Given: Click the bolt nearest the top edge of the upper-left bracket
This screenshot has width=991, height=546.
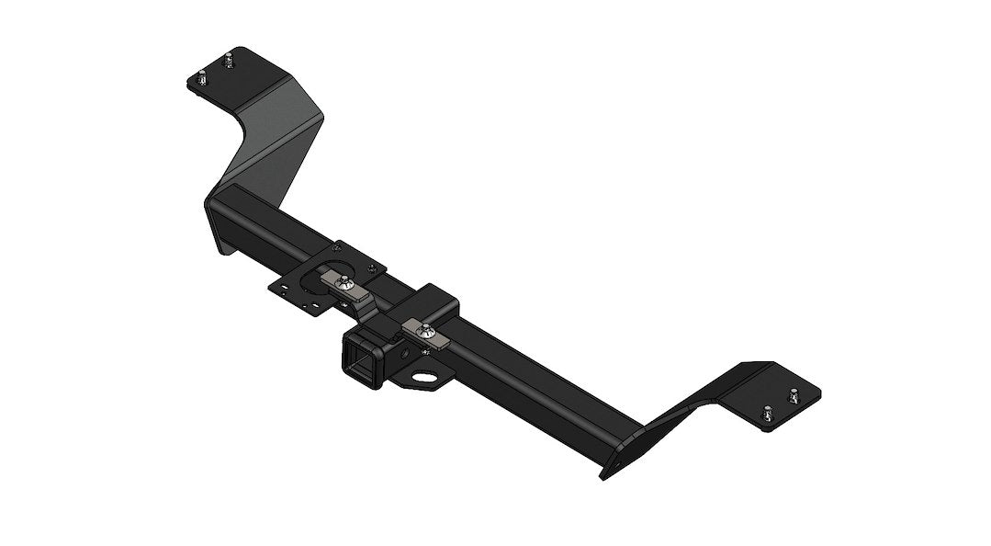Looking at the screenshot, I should [x=225, y=60].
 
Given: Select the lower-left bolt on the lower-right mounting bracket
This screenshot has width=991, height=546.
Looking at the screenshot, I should [x=766, y=415].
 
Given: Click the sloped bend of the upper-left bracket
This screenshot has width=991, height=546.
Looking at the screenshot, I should [x=276, y=138].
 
